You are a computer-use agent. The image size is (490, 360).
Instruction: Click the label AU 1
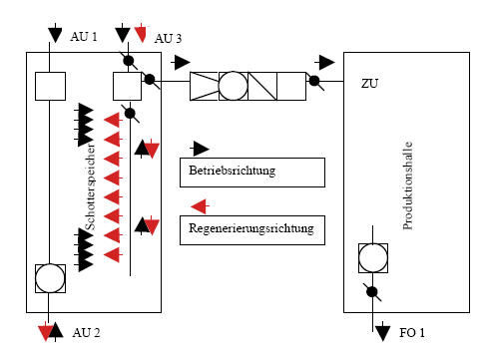tap(84, 37)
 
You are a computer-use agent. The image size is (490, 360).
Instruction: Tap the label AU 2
tap(87, 332)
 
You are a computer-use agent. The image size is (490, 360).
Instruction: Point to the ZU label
tap(370, 86)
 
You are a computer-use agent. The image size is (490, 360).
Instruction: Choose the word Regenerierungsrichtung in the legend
tap(249, 228)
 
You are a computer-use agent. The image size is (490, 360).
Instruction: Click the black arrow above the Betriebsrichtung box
tap(201, 148)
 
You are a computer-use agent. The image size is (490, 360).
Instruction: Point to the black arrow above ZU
tap(325, 62)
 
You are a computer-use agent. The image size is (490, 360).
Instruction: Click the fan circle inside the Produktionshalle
tap(374, 257)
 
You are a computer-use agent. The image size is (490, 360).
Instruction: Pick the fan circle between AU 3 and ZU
tap(234, 85)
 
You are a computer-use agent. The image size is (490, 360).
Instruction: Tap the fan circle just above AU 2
tap(49, 277)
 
